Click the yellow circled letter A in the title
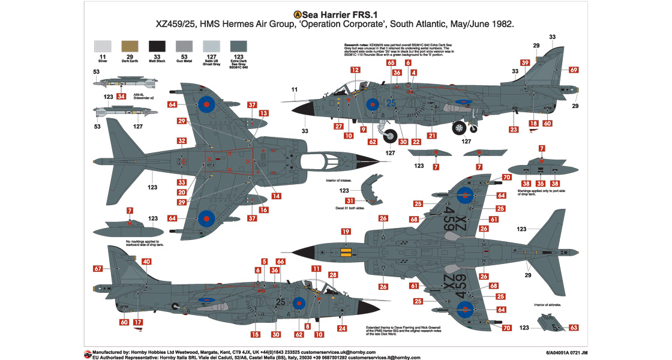(298, 14)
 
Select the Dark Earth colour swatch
(129, 46)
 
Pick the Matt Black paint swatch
(157, 46)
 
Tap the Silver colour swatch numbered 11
(103, 46)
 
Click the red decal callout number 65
(391, 63)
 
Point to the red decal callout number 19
(345, 232)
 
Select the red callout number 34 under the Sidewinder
(121, 97)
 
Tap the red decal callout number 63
(574, 328)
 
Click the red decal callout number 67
(98, 269)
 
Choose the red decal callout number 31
(350, 201)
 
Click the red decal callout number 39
(525, 63)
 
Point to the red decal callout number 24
(342, 328)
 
